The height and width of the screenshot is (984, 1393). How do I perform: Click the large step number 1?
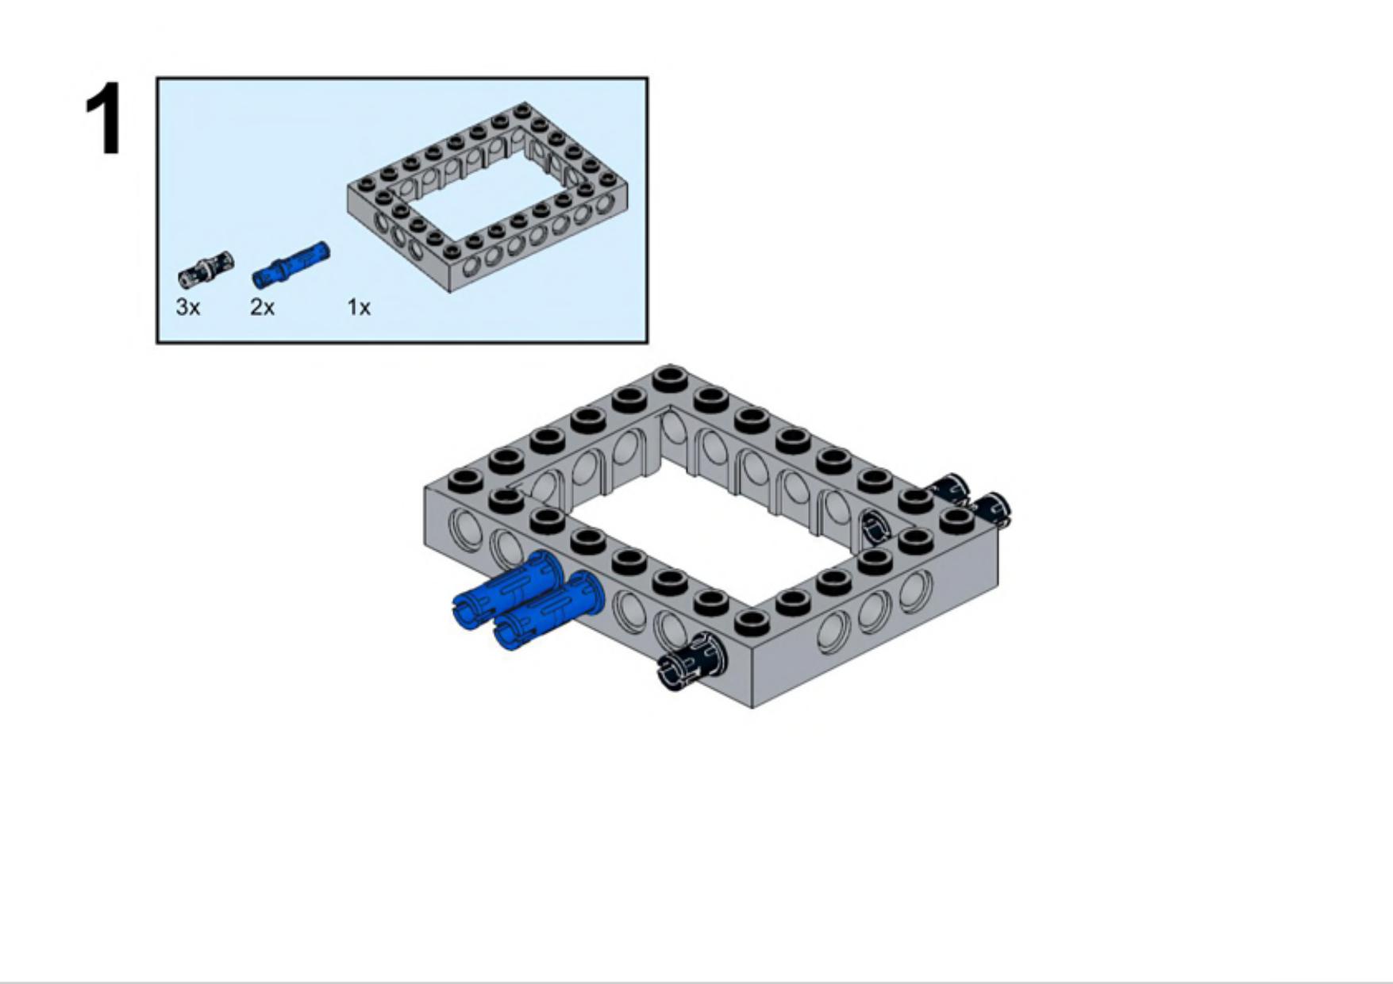click(104, 119)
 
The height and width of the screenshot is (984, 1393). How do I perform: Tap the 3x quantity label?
click(188, 307)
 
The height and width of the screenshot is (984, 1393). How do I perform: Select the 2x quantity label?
click(262, 307)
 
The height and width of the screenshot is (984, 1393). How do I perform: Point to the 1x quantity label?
click(359, 307)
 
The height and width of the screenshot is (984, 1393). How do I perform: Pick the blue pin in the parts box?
click(290, 264)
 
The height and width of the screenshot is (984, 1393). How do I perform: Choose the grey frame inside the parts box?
click(487, 197)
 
